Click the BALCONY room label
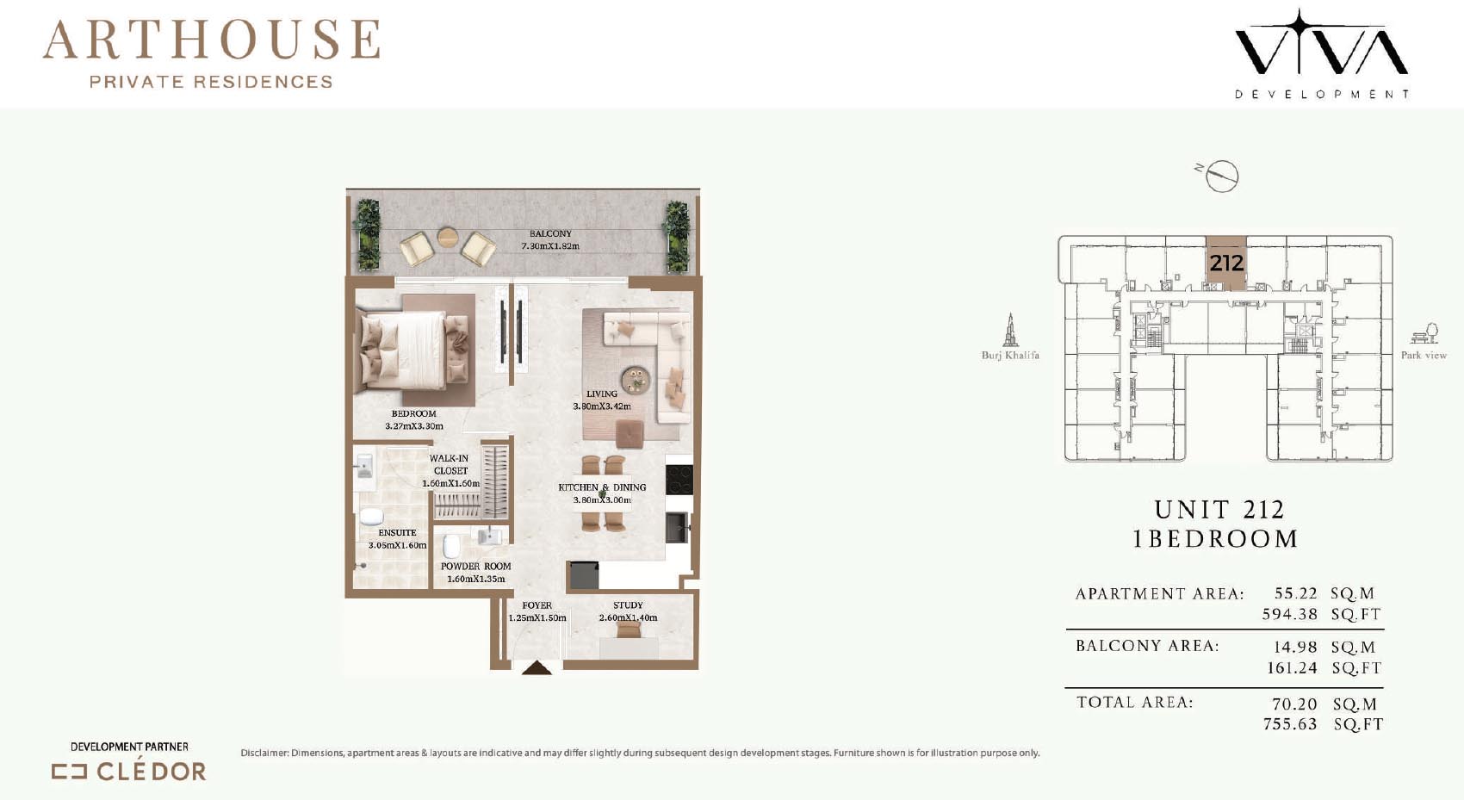550,233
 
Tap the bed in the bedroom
412,350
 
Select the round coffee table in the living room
636,379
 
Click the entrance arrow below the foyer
537,667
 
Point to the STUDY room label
628,605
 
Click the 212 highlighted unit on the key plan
1226,263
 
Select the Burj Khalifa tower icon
1010,330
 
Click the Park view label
1424,355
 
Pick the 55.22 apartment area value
1295,592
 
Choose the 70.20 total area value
1294,704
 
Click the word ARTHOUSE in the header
212,40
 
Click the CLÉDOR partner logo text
152,772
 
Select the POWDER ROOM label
475,566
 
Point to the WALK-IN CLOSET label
449,464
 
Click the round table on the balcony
448,236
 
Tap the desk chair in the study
628,629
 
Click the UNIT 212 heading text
1219,509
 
